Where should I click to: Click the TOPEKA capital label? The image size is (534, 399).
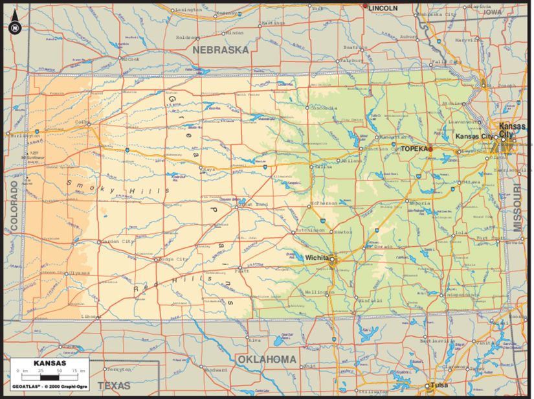414,148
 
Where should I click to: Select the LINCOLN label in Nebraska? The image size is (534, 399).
383,7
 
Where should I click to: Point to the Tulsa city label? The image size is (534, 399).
439,385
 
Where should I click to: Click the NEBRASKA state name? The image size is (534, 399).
221,49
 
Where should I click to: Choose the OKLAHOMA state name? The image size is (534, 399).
266,359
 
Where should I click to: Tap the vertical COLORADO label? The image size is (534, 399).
14,206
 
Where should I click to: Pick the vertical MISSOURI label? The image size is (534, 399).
518,207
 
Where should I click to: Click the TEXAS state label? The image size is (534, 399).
114,385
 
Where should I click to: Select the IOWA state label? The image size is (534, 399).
493,12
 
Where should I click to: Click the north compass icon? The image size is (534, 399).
14,27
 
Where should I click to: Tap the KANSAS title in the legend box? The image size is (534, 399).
49,363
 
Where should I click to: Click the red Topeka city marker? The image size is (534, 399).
430,149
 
